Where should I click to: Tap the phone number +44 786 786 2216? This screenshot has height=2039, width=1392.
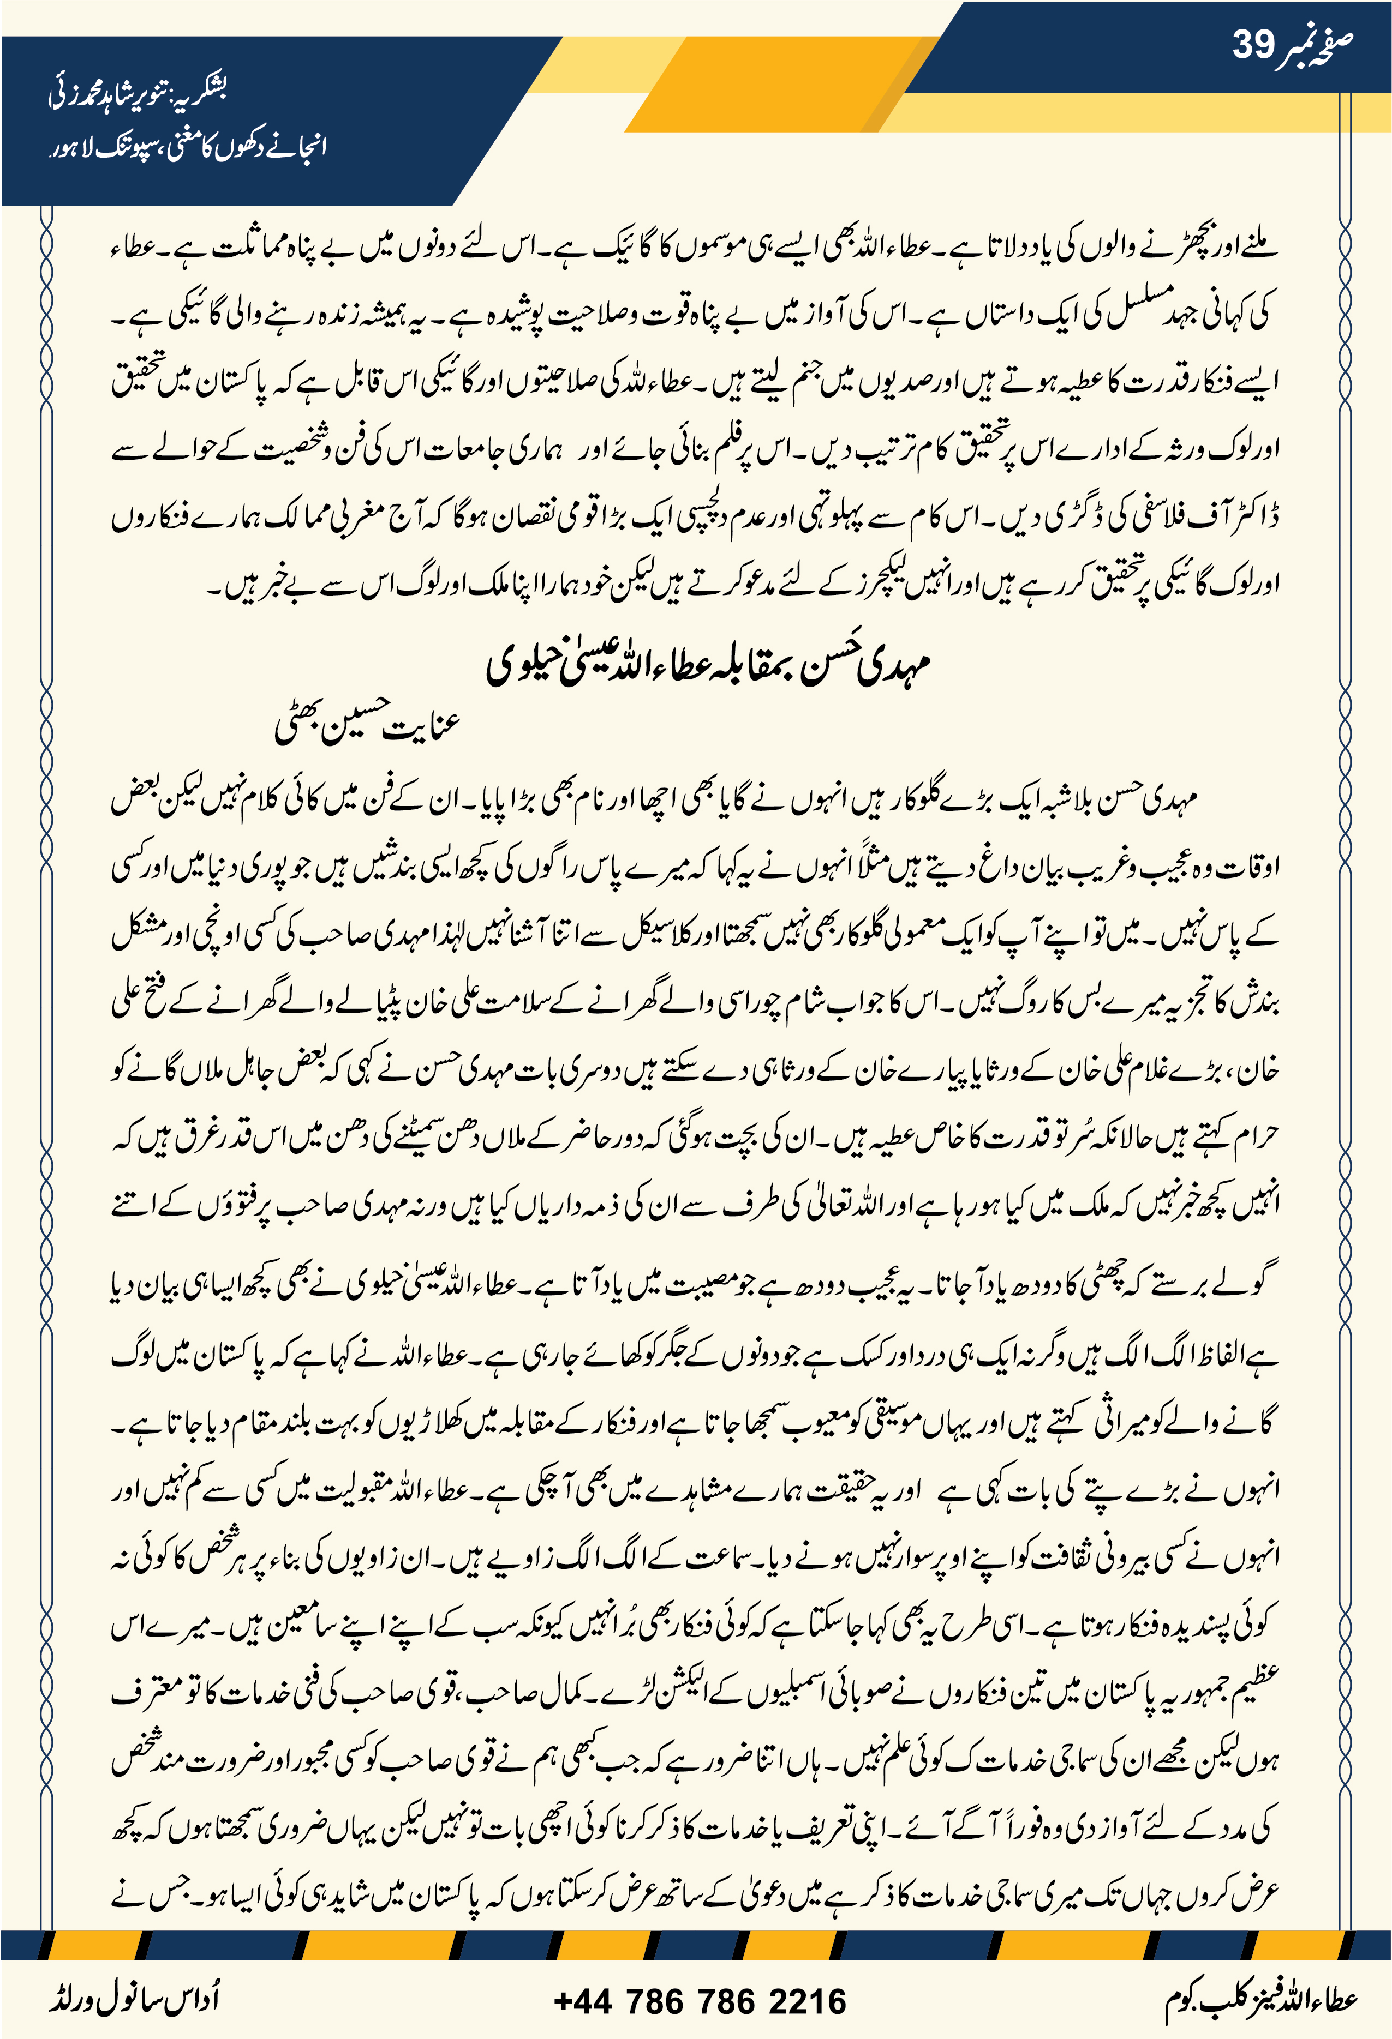point(700,2001)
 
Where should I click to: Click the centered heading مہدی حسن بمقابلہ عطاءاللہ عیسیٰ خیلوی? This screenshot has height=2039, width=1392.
point(707,663)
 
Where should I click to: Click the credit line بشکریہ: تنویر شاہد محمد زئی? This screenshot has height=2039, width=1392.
point(138,92)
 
